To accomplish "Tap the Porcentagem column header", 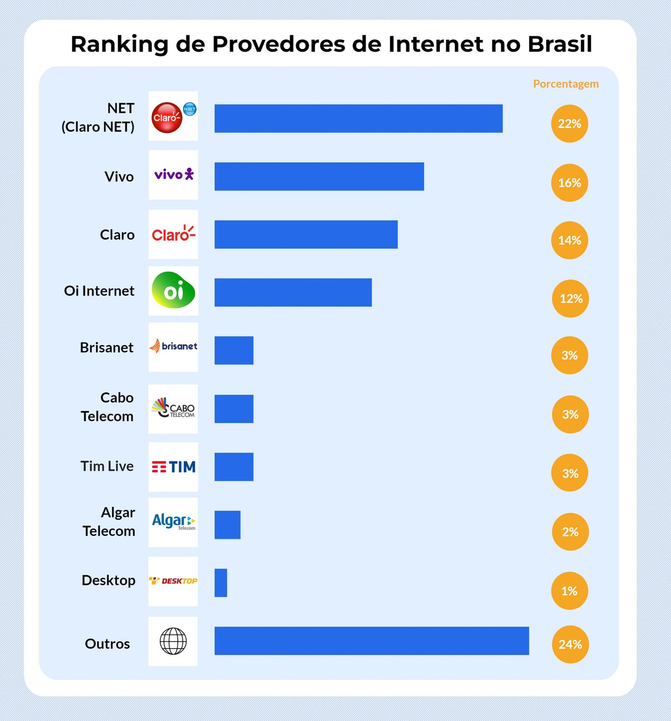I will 565,84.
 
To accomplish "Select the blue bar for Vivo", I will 319,176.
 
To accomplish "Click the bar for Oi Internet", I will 293,292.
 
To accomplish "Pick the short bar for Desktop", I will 221,583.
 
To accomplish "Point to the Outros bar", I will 371,641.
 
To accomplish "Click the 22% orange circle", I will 569,124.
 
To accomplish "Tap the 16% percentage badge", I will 569,183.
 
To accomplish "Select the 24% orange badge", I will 570,644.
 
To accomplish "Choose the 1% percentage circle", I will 569,591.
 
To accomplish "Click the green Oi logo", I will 173,290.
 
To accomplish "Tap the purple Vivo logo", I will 174,174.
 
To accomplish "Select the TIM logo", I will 174,467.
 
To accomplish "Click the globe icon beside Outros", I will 173,641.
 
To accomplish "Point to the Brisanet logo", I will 173,346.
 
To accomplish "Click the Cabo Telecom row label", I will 107,407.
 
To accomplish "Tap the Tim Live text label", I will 107,466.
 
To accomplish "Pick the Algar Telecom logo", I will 173,522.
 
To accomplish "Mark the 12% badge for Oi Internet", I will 570,299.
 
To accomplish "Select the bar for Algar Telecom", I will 227,525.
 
